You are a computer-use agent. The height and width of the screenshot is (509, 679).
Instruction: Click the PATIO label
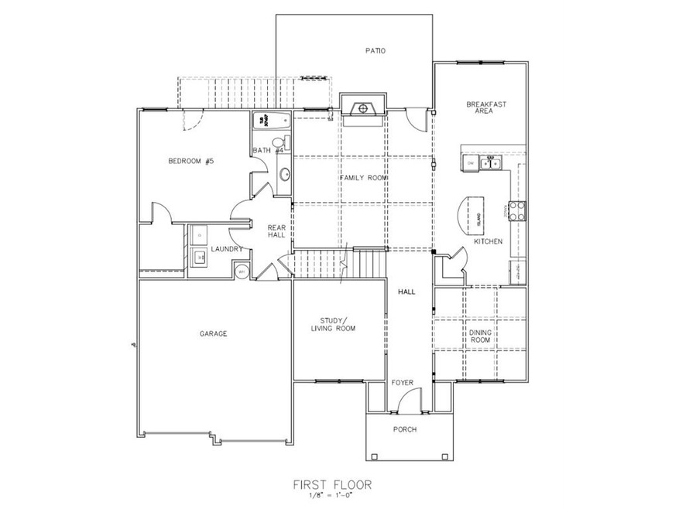tap(376, 51)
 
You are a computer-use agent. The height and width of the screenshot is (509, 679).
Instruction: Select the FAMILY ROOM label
tap(363, 178)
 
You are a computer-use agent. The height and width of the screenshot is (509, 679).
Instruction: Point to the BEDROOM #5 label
tap(190, 162)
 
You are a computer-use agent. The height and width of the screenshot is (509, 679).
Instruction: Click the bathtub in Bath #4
tap(271, 120)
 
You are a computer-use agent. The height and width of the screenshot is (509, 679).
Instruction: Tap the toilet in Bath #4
tap(285, 143)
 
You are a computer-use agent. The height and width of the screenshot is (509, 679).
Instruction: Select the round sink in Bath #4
tap(283, 174)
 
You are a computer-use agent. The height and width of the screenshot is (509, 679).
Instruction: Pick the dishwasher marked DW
tap(470, 162)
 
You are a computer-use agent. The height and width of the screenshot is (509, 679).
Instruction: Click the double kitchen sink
tap(489, 162)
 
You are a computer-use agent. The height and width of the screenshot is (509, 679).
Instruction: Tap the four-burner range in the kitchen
tap(516, 210)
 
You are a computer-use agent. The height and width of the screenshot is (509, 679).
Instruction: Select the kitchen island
tap(472, 216)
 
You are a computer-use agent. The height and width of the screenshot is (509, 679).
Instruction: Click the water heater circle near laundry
tap(241, 271)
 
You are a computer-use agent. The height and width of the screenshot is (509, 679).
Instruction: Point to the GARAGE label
tap(214, 333)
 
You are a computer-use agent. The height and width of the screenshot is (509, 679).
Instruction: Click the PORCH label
tap(405, 429)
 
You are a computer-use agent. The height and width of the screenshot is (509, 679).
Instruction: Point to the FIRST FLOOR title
tap(331, 485)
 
